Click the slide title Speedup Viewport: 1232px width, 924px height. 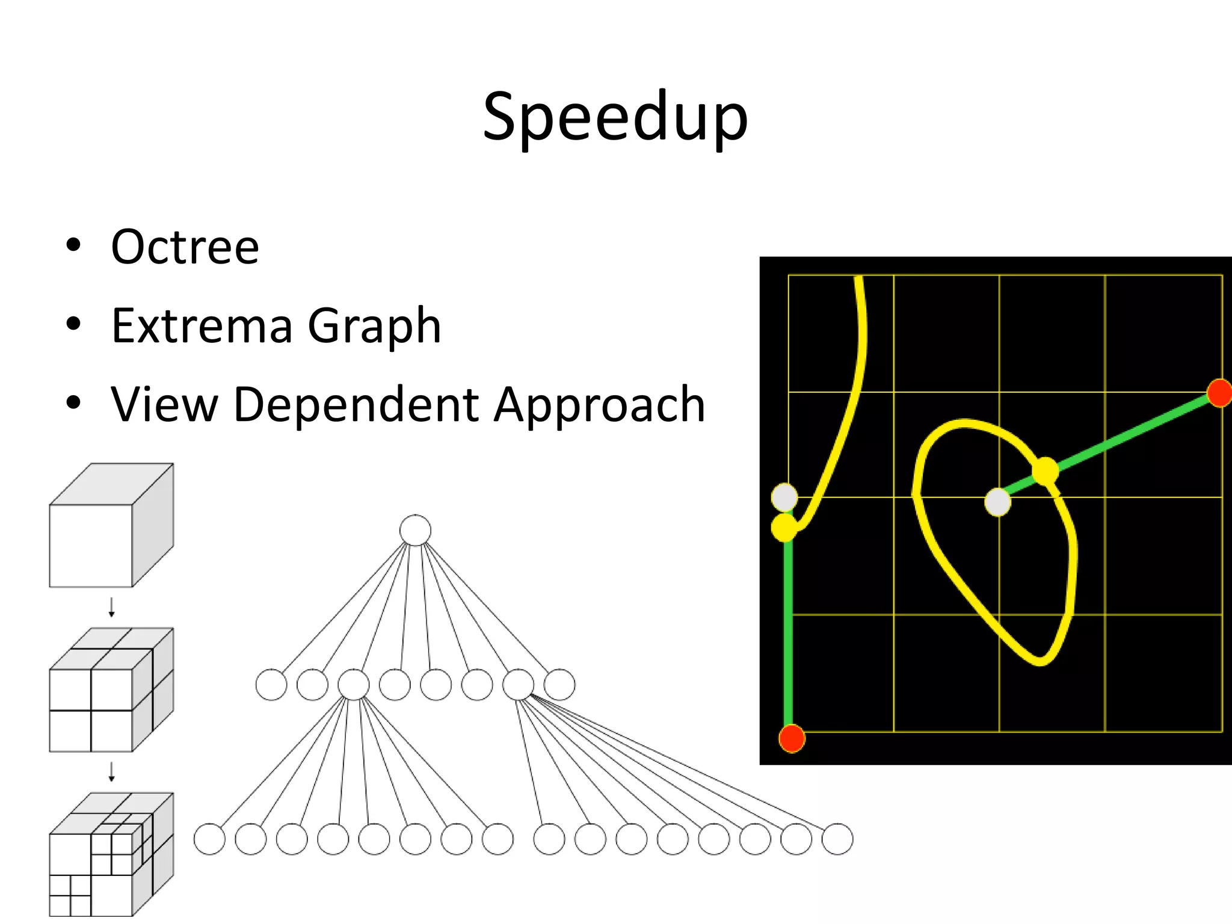click(x=615, y=117)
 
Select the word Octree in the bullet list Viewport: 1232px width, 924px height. click(x=185, y=247)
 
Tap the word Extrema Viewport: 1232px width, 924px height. click(x=202, y=325)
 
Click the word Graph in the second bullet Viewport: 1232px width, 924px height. click(x=374, y=327)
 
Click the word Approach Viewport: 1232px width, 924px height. click(x=599, y=405)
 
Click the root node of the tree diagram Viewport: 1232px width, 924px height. click(x=415, y=531)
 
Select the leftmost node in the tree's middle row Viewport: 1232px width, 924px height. click(x=271, y=685)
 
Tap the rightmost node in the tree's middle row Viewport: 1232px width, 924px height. click(x=559, y=685)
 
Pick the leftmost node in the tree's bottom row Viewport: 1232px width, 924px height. click(x=209, y=839)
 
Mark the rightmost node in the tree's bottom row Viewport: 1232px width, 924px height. click(x=837, y=839)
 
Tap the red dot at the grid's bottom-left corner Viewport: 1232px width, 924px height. click(x=792, y=739)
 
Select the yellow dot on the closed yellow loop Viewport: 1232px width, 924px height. click(x=1046, y=470)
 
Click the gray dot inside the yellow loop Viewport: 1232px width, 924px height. click(x=998, y=502)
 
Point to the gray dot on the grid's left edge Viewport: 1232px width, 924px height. click(x=784, y=497)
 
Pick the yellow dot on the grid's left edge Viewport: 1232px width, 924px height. click(x=784, y=527)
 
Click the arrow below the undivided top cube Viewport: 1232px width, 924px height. click(x=111, y=607)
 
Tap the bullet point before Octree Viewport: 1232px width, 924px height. click(x=73, y=246)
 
